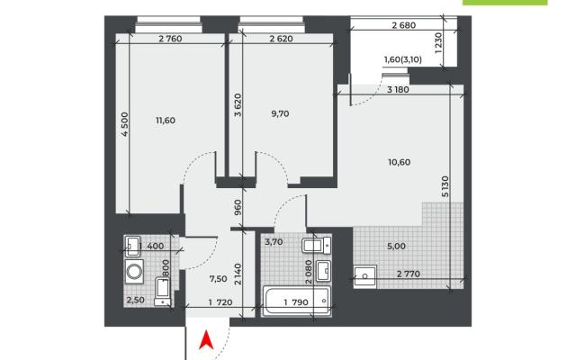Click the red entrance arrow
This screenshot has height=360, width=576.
pyautogui.click(x=206, y=340)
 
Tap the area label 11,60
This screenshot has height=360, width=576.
pyautogui.click(x=166, y=121)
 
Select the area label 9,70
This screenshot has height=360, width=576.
pyautogui.click(x=280, y=114)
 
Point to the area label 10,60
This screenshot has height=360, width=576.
pyautogui.click(x=400, y=162)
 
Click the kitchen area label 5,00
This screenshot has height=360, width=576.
pyautogui.click(x=396, y=246)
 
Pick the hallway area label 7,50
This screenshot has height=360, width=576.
pyautogui.click(x=218, y=279)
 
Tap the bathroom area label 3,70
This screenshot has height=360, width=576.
pyautogui.click(x=274, y=242)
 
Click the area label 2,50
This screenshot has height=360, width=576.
pyautogui.click(x=136, y=300)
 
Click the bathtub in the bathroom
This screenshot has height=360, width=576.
pyautogui.click(x=297, y=301)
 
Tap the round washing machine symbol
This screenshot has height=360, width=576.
pyautogui.click(x=134, y=272)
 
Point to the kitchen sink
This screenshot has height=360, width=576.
pyautogui.click(x=365, y=276)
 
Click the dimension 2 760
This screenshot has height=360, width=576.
pyautogui.click(x=170, y=39)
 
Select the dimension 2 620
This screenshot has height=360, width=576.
pyautogui.click(x=282, y=39)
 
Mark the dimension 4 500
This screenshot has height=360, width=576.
pyautogui.click(x=125, y=124)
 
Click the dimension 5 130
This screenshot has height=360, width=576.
pyautogui.click(x=445, y=187)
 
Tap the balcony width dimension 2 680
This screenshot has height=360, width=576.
pyautogui.click(x=404, y=25)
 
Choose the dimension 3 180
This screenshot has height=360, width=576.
pyautogui.click(x=398, y=90)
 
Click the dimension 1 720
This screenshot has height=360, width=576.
pyautogui.click(x=220, y=302)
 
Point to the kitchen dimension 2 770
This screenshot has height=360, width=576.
pyautogui.click(x=409, y=274)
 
